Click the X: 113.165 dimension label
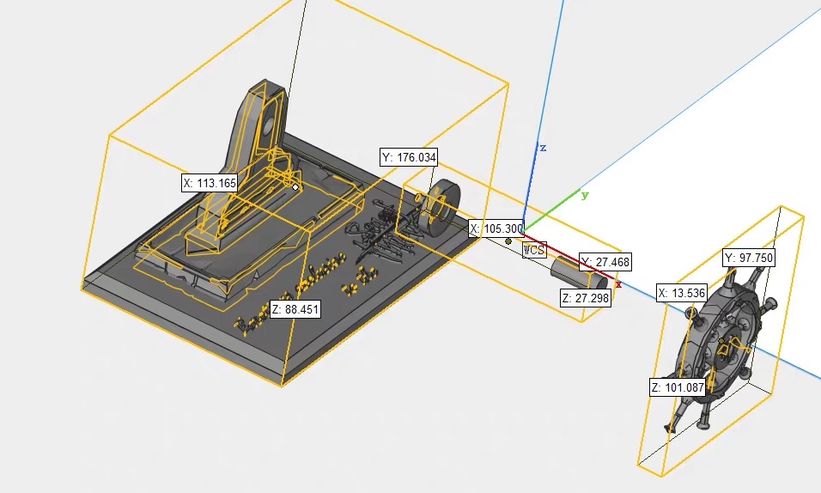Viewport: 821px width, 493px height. tap(210, 183)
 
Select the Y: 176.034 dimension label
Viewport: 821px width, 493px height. tap(409, 157)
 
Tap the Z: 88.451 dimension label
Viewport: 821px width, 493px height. tap(295, 309)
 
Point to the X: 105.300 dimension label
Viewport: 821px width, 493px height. tap(496, 228)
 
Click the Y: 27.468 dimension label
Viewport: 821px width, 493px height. tap(605, 261)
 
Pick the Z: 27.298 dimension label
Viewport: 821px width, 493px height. tap(586, 298)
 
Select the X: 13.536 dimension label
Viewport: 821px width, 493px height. tap(682, 293)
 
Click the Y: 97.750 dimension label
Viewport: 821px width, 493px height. tap(749, 258)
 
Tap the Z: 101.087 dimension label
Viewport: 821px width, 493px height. tap(678, 387)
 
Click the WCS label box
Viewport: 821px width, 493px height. tap(534, 250)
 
